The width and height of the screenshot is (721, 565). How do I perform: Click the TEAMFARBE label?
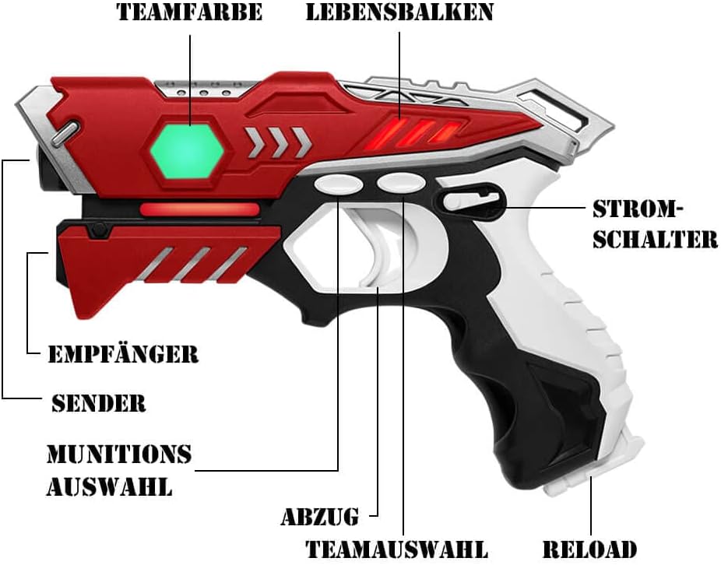189,12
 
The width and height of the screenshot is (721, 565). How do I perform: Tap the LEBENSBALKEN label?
399,12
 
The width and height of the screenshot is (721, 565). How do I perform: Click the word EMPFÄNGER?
123,354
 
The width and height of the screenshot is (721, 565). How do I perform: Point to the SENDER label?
99,402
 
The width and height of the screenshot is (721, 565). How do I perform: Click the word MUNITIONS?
119,454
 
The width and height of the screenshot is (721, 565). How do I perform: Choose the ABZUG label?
320,516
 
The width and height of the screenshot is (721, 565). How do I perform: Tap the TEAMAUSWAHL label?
396,549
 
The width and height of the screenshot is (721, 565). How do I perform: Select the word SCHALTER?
655,239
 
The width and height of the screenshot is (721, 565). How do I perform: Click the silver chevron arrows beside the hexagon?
277,141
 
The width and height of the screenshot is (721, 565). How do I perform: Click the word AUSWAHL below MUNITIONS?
109,487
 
